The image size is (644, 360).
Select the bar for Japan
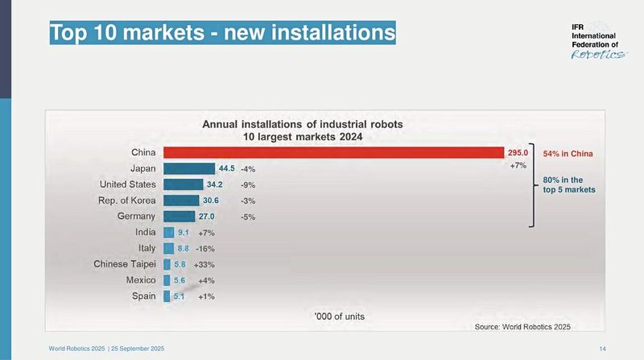(x=189, y=168)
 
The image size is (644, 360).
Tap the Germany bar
(x=179, y=216)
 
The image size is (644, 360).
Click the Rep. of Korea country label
(x=122, y=200)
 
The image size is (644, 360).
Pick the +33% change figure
(x=204, y=264)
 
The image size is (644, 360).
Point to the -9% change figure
(x=247, y=185)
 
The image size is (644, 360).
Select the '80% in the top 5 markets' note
(x=568, y=185)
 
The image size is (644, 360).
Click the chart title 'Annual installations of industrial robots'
(x=302, y=125)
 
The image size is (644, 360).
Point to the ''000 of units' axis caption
(x=338, y=316)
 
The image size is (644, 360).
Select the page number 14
(x=602, y=347)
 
